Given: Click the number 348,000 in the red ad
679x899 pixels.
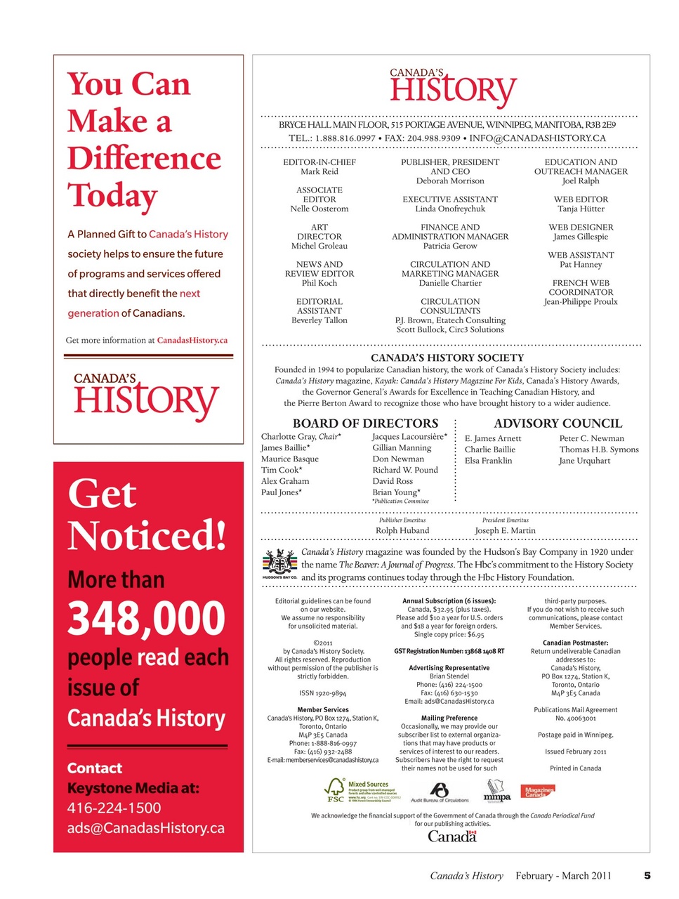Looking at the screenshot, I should point(146,618).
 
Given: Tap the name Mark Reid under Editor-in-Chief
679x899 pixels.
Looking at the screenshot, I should point(319,171).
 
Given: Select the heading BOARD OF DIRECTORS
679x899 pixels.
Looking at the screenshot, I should point(365,424).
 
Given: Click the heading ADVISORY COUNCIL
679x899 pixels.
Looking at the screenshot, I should point(558,424).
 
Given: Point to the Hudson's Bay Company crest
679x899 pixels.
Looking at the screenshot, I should point(279,563).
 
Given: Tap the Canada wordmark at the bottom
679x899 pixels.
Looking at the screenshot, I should point(452,836).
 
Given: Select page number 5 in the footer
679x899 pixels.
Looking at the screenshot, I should point(647,875).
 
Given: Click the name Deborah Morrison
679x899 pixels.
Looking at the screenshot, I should point(450,181).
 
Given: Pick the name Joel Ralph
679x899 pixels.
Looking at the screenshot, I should point(581,181).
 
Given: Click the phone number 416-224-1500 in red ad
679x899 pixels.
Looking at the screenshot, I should point(114,808).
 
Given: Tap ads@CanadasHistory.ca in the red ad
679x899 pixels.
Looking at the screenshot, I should point(146,828).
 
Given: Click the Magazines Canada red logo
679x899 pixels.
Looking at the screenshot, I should point(538,792).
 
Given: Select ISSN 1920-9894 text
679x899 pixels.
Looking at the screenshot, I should point(322,693).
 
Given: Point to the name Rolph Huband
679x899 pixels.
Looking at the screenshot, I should point(402,531).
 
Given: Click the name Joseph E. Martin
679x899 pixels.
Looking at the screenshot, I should point(505,531).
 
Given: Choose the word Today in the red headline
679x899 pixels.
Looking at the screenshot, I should point(112,195).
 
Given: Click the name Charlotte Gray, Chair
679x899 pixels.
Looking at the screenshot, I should point(301,437).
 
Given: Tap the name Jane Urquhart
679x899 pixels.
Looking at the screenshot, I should point(584,461).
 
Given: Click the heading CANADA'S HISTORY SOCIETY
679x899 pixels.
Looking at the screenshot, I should point(447,357).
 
